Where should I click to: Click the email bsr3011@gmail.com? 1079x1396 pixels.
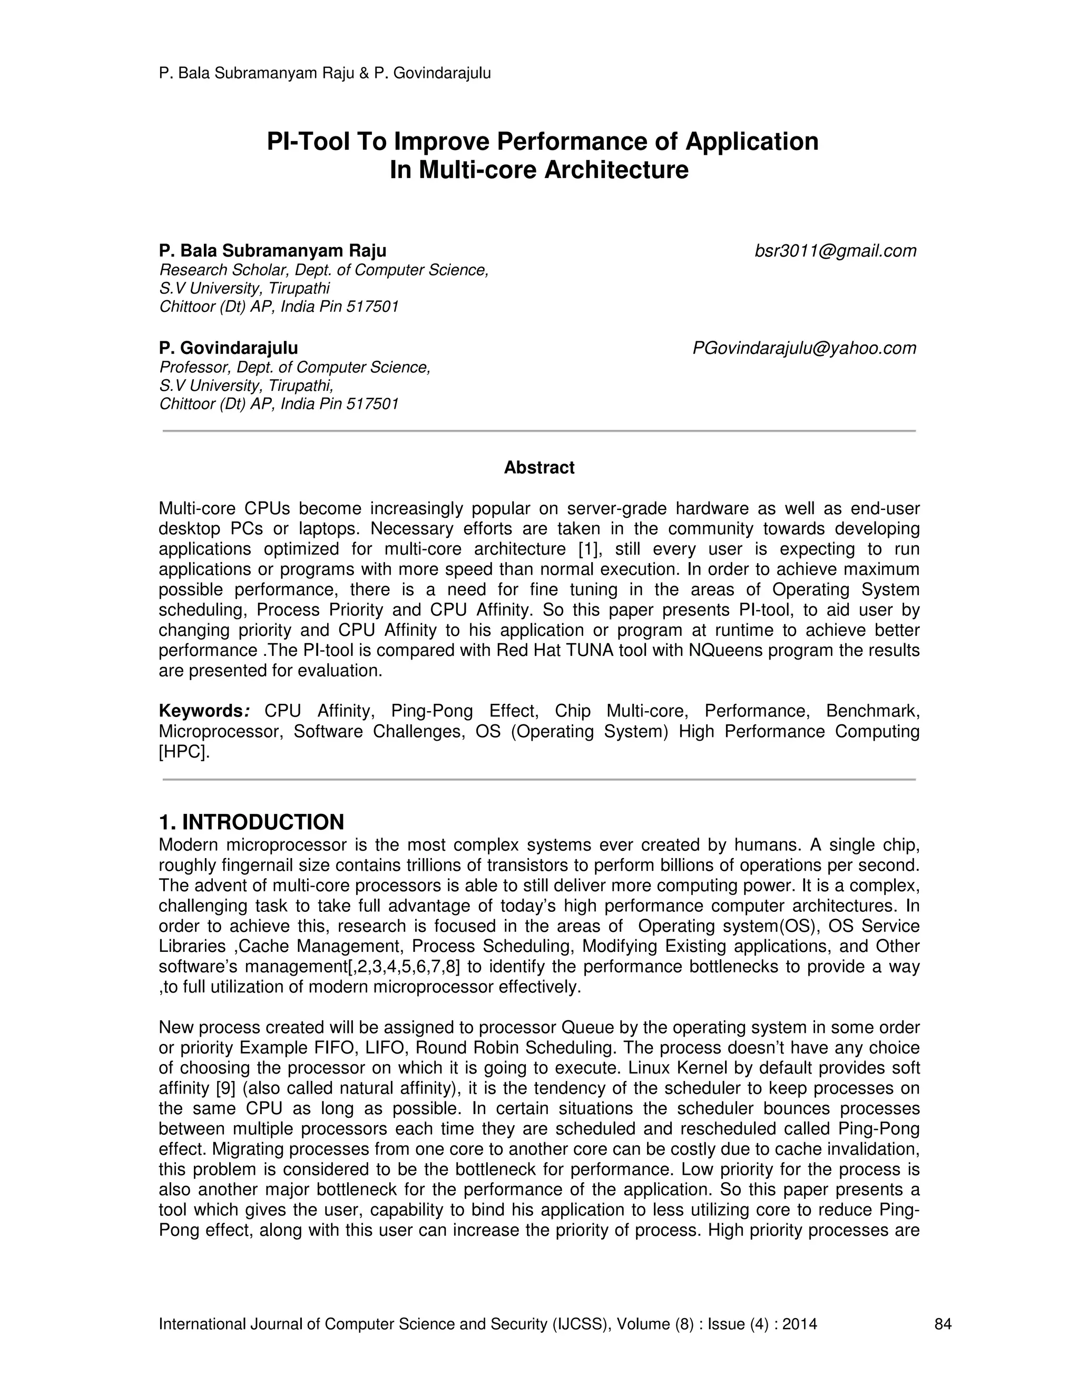point(835,251)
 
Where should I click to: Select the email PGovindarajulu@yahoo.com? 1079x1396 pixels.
point(804,348)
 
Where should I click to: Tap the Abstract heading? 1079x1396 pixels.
point(539,468)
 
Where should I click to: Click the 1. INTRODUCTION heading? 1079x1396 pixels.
point(251,821)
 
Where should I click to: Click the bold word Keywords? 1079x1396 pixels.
point(200,711)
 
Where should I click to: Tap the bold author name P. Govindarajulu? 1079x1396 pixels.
point(228,348)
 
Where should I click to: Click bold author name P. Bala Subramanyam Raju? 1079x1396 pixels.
point(272,251)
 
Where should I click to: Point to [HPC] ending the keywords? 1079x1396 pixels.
point(183,752)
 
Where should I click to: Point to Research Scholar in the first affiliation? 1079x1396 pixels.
point(210,270)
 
